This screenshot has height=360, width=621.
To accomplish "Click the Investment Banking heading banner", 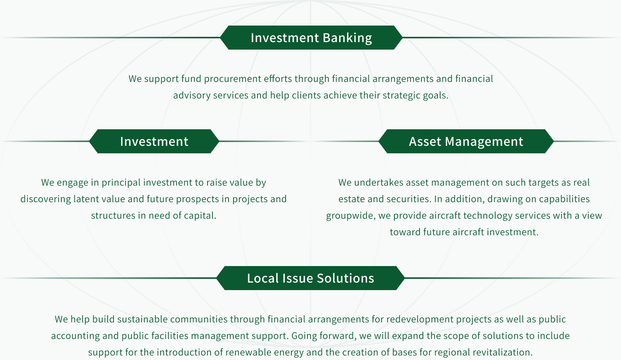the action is (311, 38).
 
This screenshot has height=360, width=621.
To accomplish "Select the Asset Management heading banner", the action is (466, 141).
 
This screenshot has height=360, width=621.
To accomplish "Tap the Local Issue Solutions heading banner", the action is (310, 278).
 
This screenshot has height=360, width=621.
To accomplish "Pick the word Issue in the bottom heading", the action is (298, 278).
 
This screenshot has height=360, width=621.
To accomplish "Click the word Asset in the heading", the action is (425, 141).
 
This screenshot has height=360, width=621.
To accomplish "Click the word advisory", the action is (192, 95).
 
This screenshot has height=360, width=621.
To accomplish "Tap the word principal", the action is (121, 183).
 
